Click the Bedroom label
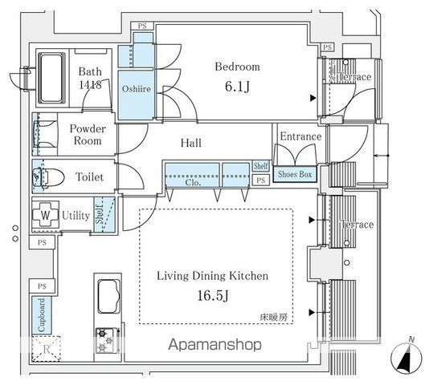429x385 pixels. tap(236, 67)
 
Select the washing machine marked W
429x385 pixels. tap(45, 217)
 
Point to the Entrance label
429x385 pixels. tap(300, 137)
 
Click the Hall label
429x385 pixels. tap(190, 144)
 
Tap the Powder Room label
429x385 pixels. tap(86, 134)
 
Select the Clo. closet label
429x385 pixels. tap(193, 181)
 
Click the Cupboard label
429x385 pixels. tap(40, 315)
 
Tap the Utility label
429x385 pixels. tap(76, 216)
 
